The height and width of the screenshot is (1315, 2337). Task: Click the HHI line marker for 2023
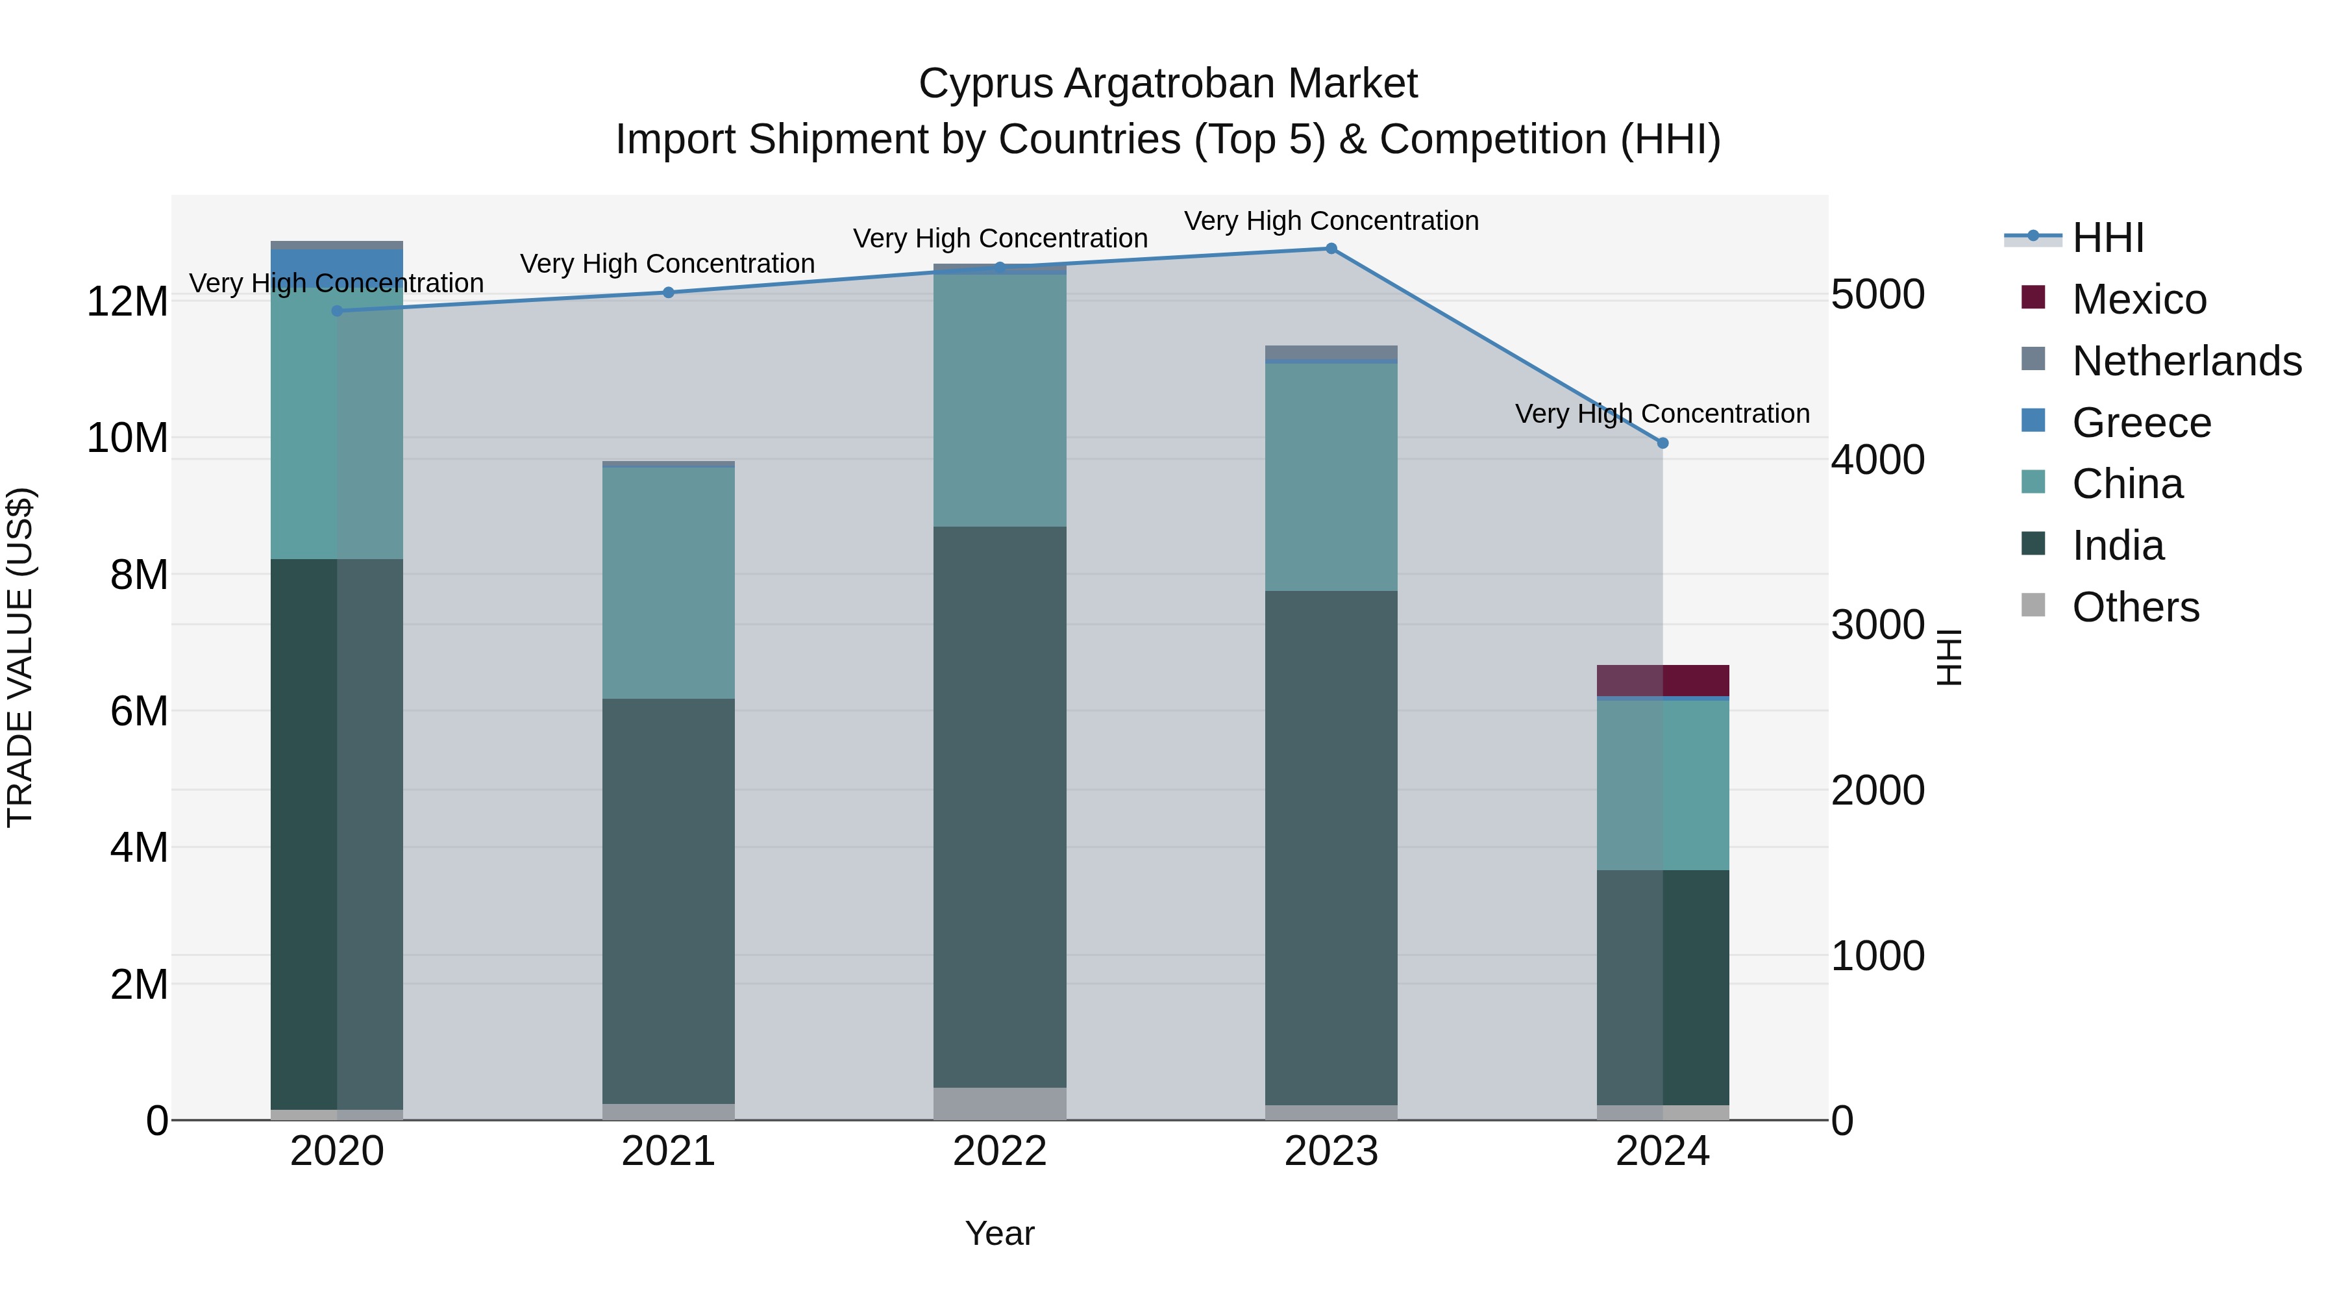coord(1331,248)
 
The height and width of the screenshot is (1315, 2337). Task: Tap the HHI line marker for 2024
coord(1662,443)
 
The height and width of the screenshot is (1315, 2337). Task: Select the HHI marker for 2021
coord(669,292)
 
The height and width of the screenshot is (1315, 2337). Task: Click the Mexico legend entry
coord(2138,299)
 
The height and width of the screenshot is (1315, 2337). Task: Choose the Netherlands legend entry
coord(2186,361)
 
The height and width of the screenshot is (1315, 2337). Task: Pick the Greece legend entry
coord(2141,423)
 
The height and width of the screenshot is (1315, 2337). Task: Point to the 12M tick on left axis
coord(127,301)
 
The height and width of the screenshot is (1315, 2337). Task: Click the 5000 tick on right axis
coord(1877,294)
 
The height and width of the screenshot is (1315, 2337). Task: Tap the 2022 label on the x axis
coord(1000,1151)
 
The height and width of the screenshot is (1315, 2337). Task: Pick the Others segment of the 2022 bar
coord(1000,1103)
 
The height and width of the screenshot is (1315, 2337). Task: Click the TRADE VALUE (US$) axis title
coord(20,657)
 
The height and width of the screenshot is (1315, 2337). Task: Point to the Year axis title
coord(1000,1233)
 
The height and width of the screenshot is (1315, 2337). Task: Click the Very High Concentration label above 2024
coord(1662,414)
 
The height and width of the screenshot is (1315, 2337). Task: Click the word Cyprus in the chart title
coord(985,84)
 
